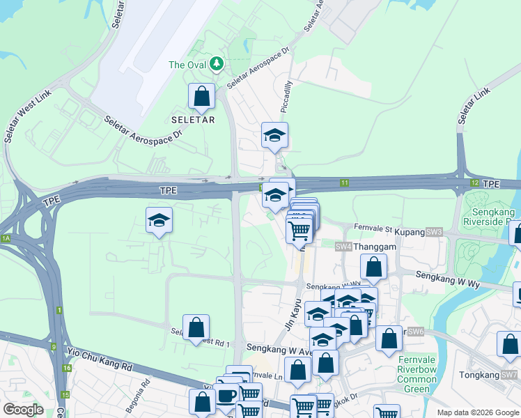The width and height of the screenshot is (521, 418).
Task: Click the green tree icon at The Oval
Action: [x=217, y=65]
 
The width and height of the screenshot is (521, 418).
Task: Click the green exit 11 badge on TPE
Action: [x=344, y=183]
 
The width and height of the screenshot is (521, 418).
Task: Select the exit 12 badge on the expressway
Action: [x=474, y=183]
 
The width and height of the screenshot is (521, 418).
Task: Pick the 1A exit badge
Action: [x=6, y=238]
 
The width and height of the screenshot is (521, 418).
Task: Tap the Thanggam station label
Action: [x=376, y=247]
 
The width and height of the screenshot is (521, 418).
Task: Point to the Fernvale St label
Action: [x=373, y=227]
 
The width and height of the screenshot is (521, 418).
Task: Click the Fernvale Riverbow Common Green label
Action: [x=417, y=375]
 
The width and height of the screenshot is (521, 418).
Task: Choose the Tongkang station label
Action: [x=480, y=375]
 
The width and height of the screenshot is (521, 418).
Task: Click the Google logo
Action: [x=23, y=410]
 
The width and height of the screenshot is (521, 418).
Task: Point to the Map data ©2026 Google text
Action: [x=477, y=412]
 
